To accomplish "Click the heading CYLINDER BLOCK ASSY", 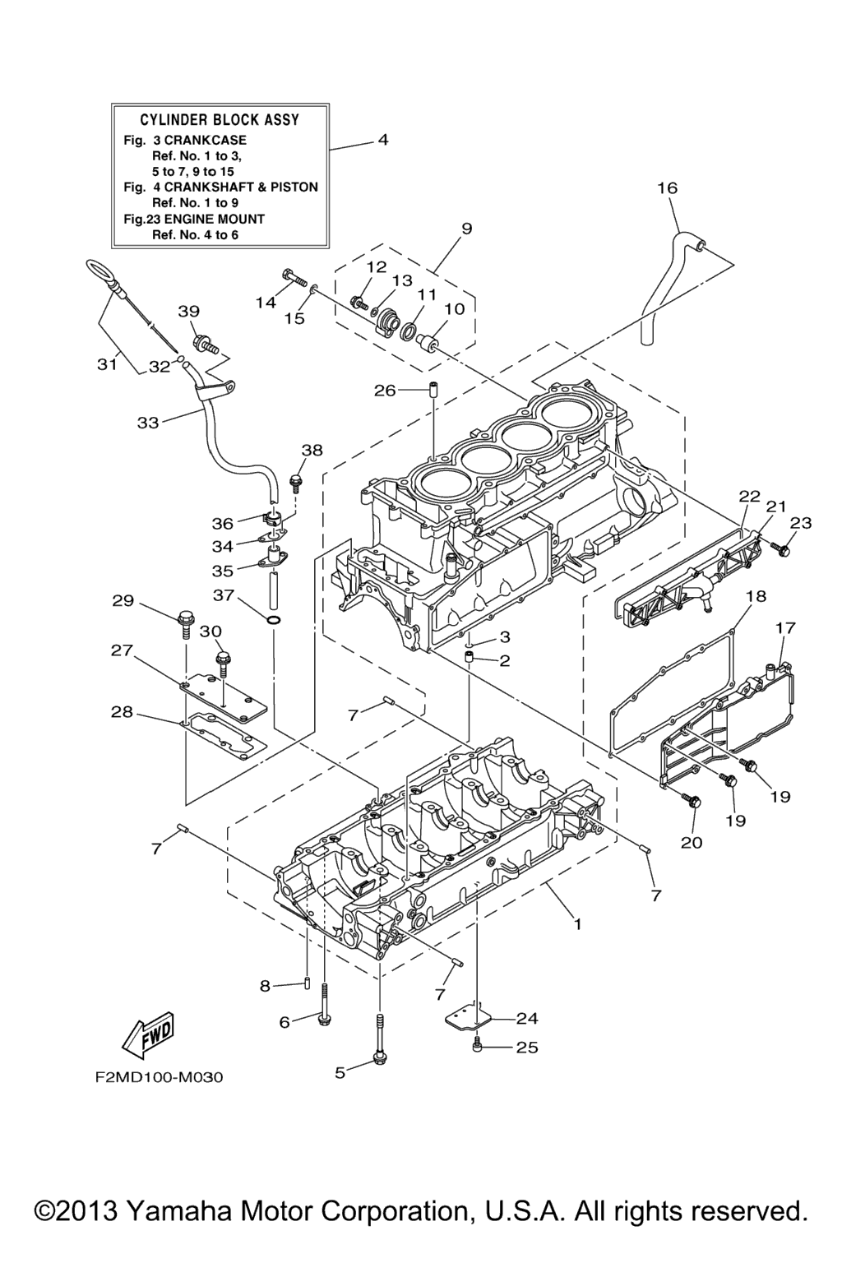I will coord(220,120).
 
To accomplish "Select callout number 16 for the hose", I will coord(667,187).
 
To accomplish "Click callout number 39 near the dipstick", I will coord(189,311).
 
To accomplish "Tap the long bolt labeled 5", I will coord(379,1044).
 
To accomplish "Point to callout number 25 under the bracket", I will coord(526,1047).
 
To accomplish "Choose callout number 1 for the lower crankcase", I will coord(577,923).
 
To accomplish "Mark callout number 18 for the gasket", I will coord(756,595).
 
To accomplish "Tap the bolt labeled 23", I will coord(782,549).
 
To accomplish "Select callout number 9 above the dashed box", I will coord(466,229).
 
